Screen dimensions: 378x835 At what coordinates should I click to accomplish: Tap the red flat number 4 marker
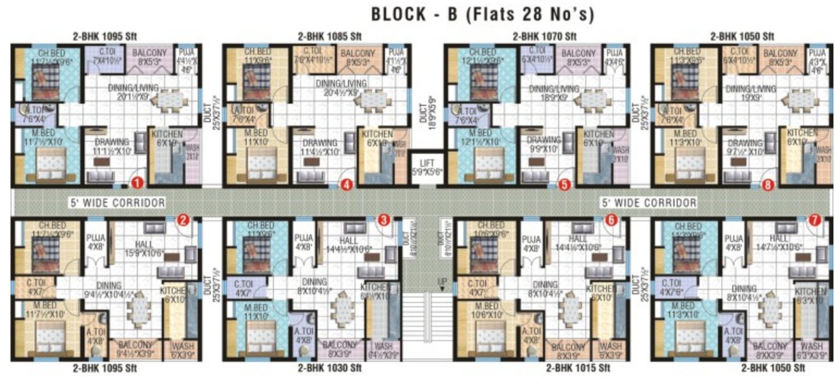coord(346,184)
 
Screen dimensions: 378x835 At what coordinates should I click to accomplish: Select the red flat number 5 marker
coord(564,184)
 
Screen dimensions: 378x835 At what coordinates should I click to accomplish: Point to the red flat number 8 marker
coord(767,184)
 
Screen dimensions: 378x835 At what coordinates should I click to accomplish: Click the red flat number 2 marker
coord(182,219)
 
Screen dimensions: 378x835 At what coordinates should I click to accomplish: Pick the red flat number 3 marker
coord(384,219)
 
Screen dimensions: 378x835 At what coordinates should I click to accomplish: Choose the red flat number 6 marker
coord(611,219)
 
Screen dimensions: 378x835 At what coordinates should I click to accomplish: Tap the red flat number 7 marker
coord(814,219)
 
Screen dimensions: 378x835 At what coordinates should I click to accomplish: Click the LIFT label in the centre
coord(426,162)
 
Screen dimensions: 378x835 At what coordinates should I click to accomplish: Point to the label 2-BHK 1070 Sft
coord(544,36)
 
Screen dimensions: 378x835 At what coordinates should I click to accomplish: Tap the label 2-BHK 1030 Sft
coord(329,368)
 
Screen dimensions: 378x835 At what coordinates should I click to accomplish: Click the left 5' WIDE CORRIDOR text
coord(117,203)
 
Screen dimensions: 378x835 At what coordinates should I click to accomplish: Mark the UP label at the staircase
coord(442,281)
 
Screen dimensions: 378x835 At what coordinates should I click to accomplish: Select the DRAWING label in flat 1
coord(112,142)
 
